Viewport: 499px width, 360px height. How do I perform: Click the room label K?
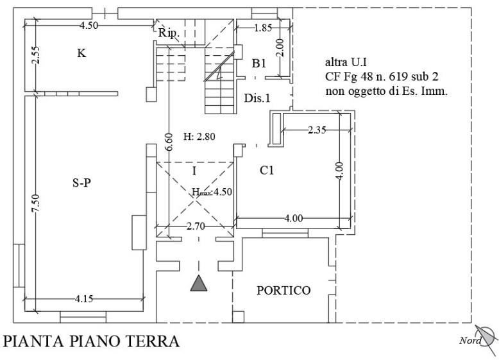tap(82, 53)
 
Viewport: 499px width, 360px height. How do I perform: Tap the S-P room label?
tap(82, 183)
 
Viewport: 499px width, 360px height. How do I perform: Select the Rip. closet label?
tap(169, 33)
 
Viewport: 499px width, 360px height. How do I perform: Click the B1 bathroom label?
tap(258, 64)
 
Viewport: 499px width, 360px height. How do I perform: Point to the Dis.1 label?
tap(257, 98)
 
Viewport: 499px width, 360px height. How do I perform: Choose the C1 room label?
tap(267, 171)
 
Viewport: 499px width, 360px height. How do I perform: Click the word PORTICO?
tap(283, 290)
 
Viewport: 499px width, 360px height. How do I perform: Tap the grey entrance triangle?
tap(199, 283)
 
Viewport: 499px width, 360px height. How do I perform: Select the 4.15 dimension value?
tap(84, 298)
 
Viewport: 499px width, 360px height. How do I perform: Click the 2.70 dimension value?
tap(196, 227)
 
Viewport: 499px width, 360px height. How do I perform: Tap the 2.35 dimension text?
tap(317, 130)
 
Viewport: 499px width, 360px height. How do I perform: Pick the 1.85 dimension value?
tap(263, 28)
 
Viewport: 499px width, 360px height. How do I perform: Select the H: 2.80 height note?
tap(199, 137)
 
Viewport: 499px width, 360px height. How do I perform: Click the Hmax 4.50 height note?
tap(212, 192)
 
